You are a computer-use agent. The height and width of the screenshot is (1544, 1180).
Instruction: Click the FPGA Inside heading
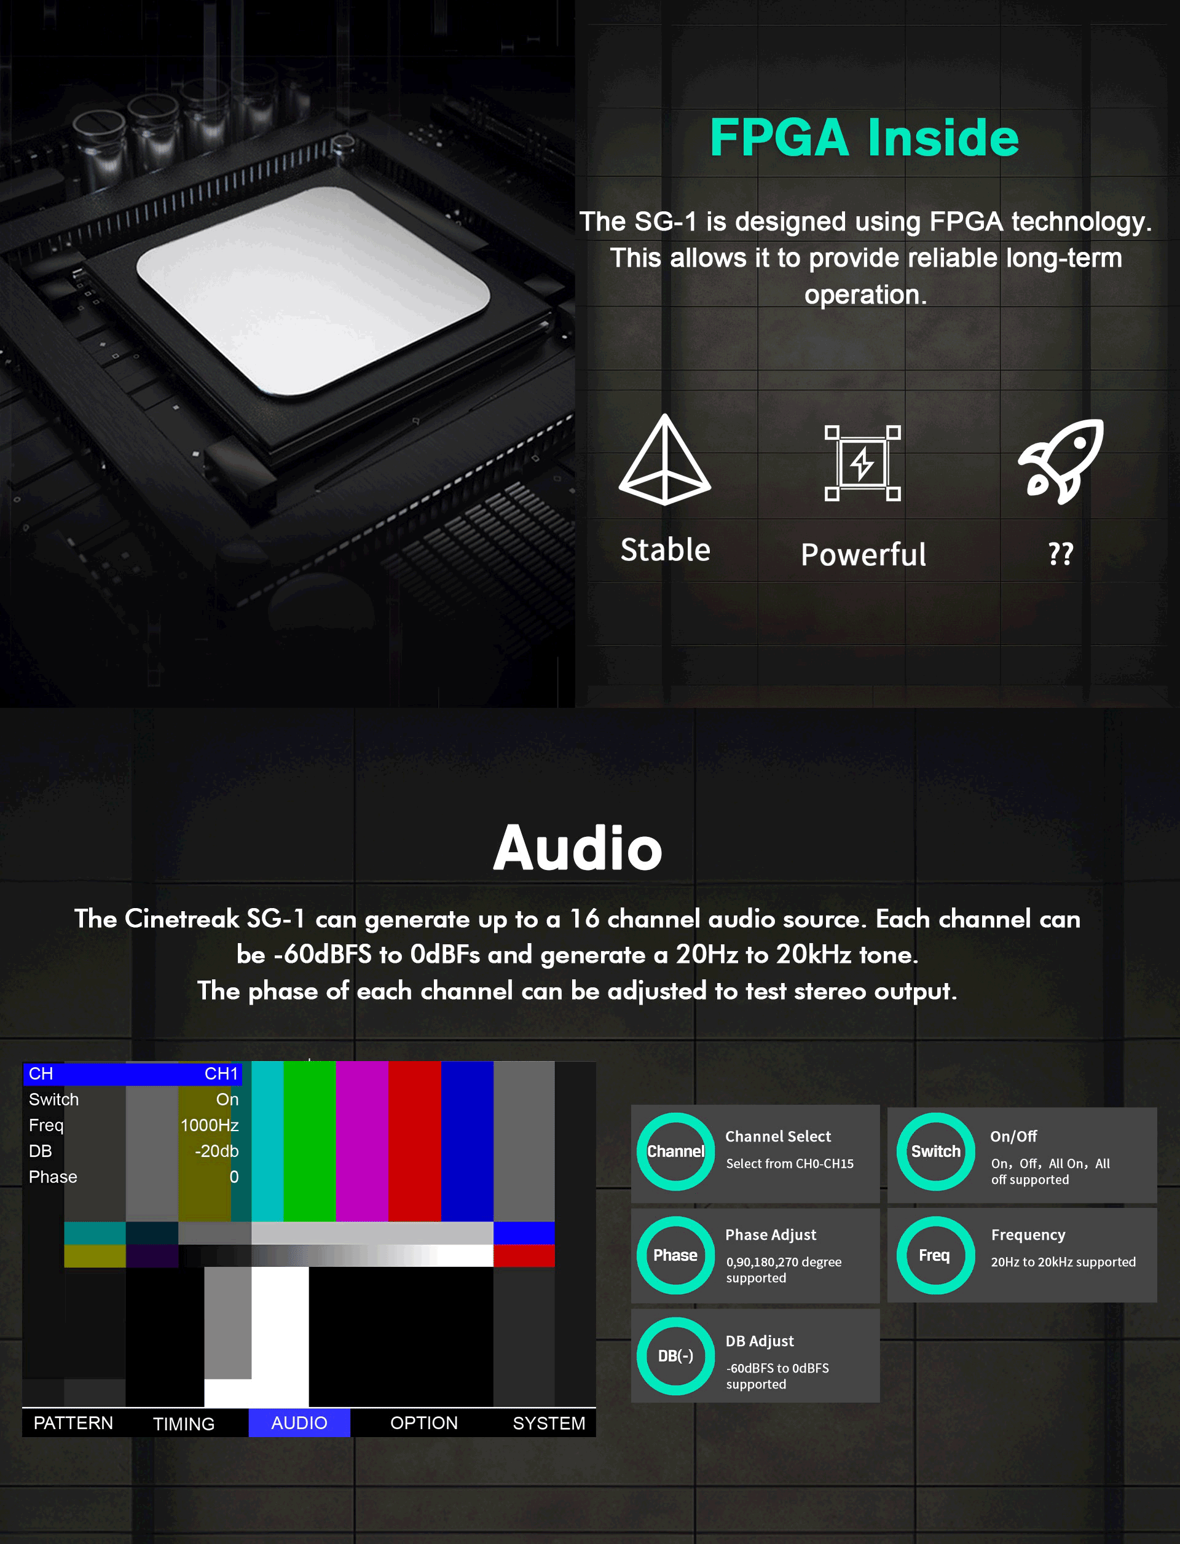point(864,137)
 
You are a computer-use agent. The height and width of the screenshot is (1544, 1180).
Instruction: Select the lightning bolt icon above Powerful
point(862,463)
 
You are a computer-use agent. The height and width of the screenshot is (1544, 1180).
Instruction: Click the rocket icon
point(1061,461)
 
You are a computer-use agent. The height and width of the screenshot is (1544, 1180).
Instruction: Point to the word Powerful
point(863,555)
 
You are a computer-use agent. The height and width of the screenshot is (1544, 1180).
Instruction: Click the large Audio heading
point(577,848)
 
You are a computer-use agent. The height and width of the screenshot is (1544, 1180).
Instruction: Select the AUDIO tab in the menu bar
point(299,1422)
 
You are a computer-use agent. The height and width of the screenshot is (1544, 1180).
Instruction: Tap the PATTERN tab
point(73,1422)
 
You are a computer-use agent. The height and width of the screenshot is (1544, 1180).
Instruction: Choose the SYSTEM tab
point(549,1422)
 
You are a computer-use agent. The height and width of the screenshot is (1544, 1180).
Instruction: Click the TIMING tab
point(184,1423)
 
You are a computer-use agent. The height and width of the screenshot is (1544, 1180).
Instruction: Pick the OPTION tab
point(423,1422)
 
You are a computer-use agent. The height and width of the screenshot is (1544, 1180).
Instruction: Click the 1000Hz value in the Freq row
point(210,1125)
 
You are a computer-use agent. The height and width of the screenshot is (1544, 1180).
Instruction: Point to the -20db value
point(216,1151)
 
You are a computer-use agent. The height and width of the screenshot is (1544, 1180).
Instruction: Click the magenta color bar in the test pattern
point(362,1141)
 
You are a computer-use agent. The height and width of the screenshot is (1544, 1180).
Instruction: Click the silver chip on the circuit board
point(313,291)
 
